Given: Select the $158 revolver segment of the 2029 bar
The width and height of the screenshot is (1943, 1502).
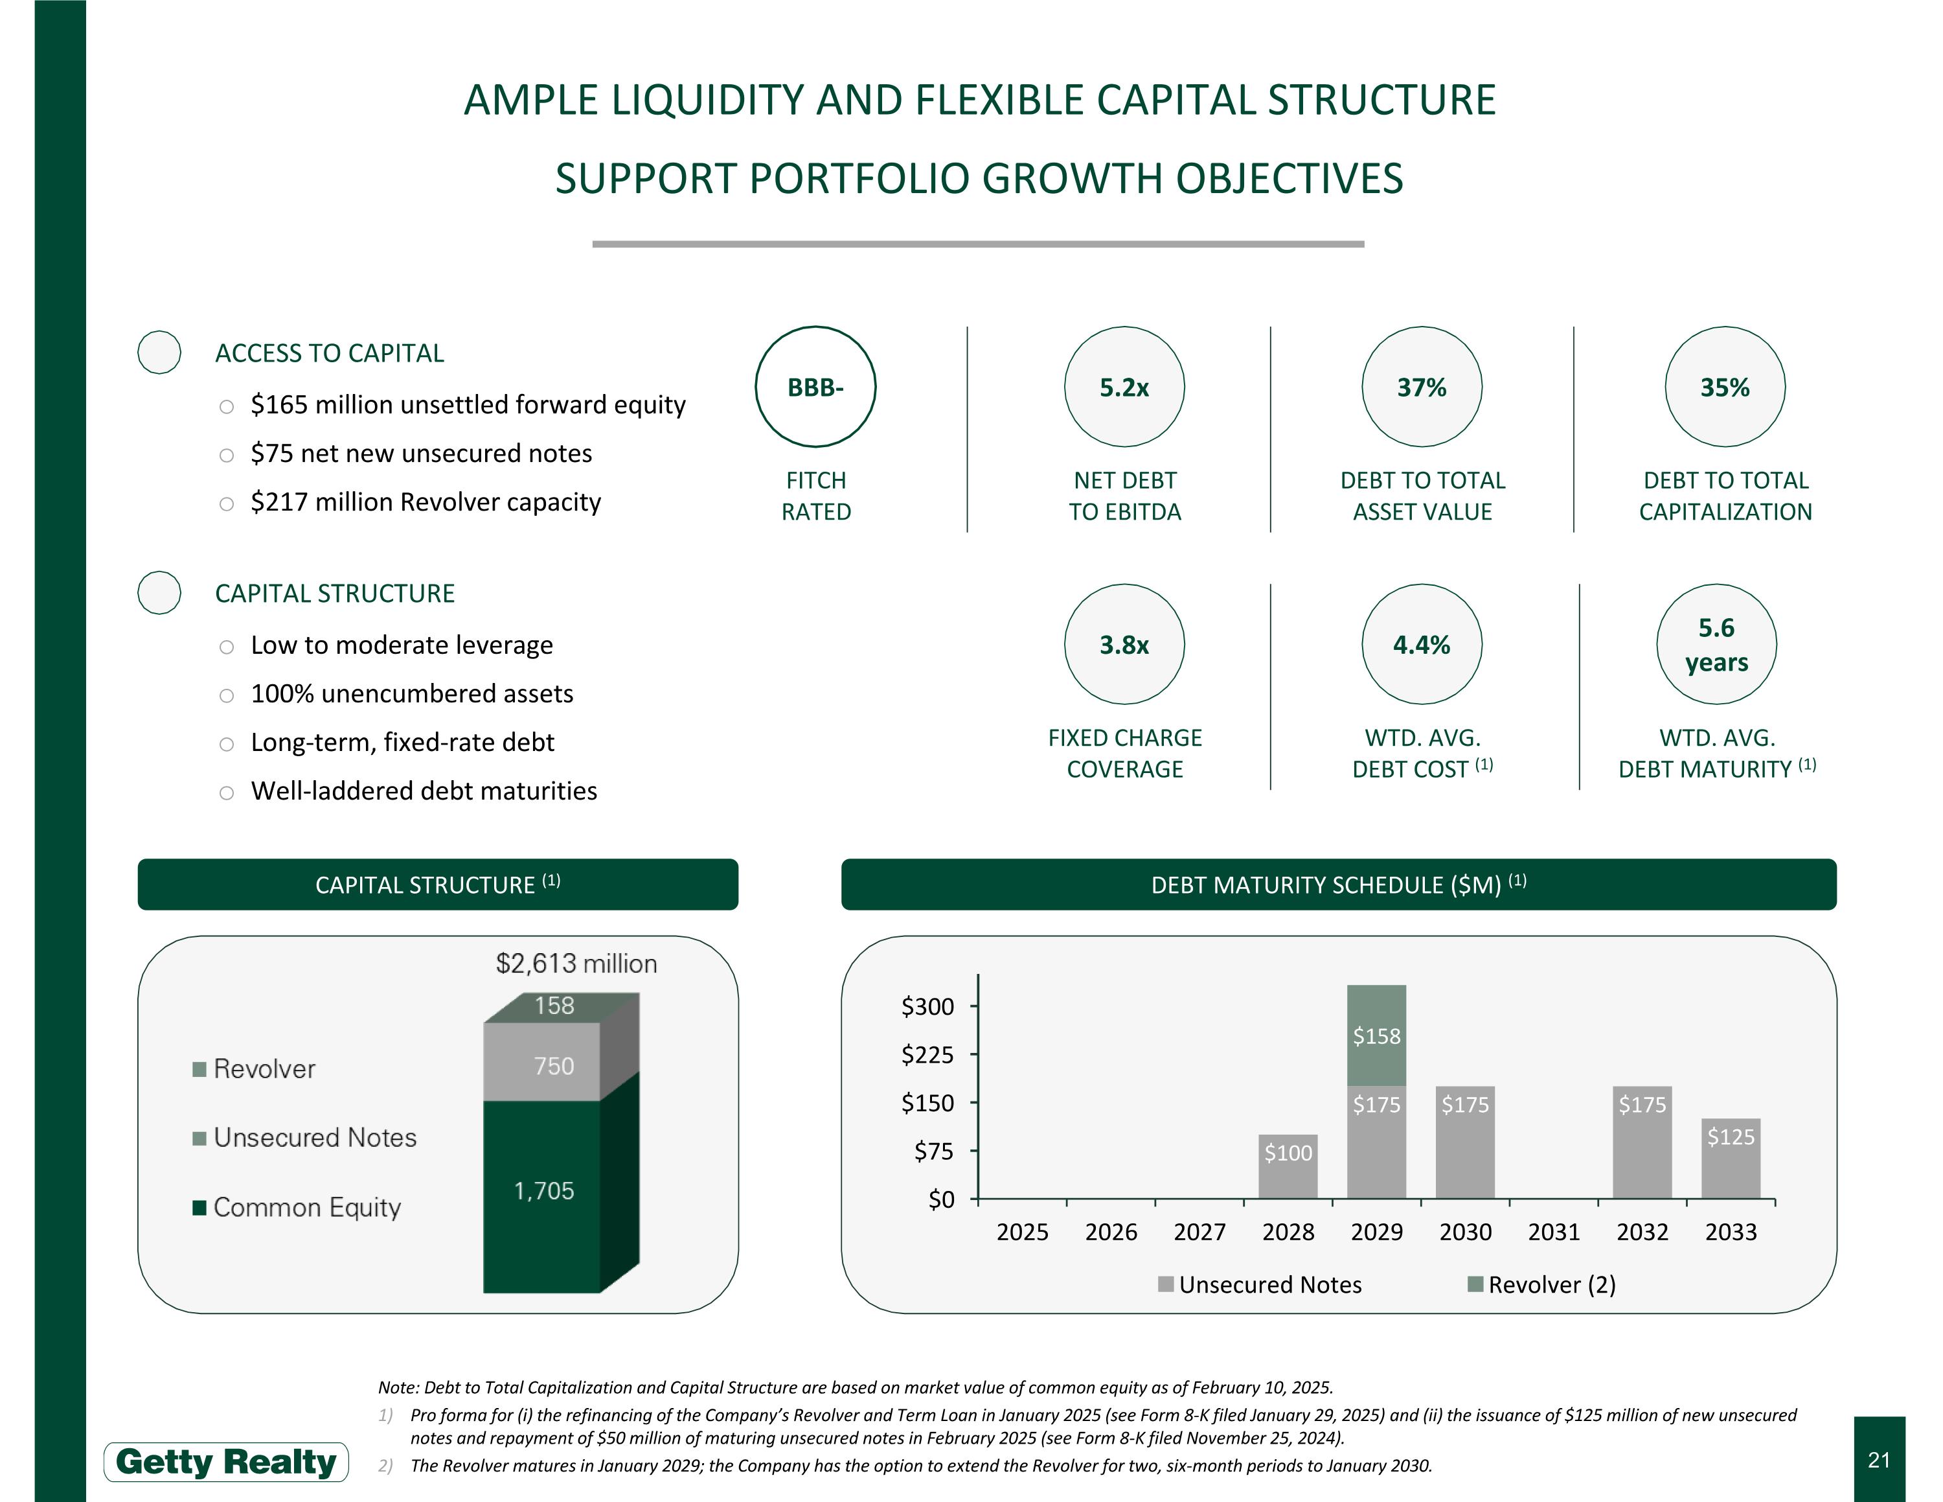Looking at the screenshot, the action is click(x=1376, y=1035).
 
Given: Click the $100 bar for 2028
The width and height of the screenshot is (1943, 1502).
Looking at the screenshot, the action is click(x=1288, y=1166).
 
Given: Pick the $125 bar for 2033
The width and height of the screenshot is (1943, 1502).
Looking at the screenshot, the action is click(x=1731, y=1159).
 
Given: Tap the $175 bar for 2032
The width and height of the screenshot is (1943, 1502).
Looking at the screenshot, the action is click(x=1642, y=1142).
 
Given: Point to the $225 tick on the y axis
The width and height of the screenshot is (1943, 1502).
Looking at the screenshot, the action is click(x=928, y=1056).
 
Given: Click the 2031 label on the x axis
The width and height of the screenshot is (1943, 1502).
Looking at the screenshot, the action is click(x=1553, y=1232).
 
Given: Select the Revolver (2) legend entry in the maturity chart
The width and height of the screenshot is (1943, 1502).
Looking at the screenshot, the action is click(x=1541, y=1285).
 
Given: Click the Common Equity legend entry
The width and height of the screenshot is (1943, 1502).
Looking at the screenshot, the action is click(x=297, y=1207).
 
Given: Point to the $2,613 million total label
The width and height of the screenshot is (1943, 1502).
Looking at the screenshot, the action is click(x=576, y=964).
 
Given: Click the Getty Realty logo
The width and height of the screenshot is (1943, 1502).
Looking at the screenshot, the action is click(x=226, y=1462).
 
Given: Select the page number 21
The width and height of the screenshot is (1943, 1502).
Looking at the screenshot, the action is click(x=1879, y=1460).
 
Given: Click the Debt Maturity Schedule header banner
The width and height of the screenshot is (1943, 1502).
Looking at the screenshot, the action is click(x=1339, y=884).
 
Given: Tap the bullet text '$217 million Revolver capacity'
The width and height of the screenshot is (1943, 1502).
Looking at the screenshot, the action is click(x=426, y=502).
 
